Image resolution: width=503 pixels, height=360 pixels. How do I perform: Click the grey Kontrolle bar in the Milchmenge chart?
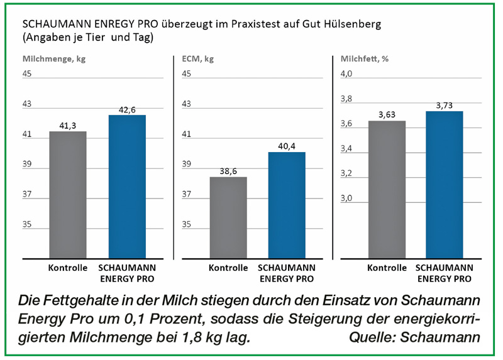[68, 195]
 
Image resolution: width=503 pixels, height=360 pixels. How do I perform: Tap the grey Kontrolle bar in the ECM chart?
[228, 217]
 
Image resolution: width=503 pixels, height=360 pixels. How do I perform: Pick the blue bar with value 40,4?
[286, 205]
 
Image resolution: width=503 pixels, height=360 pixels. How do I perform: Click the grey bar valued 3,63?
[387, 189]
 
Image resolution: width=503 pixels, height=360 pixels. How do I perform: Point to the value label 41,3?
[68, 126]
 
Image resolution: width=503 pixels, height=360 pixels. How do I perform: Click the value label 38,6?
[228, 171]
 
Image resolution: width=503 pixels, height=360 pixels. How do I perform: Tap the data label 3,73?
[445, 105]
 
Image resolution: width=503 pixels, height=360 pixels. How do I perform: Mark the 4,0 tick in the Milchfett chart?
[347, 74]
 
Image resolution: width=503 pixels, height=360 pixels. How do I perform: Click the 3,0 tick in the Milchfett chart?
[347, 199]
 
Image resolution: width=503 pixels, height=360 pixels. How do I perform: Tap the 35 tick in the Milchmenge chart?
[28, 224]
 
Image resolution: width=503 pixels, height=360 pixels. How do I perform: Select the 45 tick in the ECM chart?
[186, 74]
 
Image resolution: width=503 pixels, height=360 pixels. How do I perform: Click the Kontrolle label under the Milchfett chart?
[387, 268]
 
